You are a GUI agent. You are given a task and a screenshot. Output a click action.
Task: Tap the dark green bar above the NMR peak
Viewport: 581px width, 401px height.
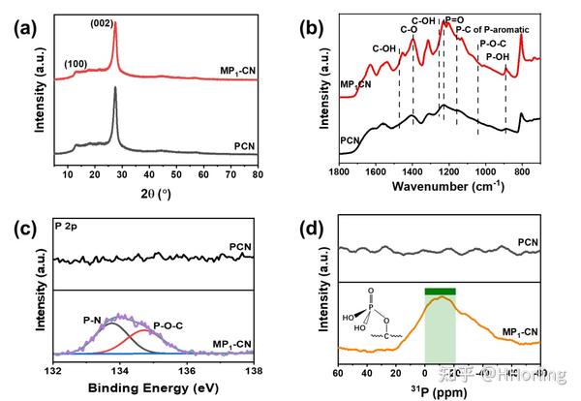tap(440, 290)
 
